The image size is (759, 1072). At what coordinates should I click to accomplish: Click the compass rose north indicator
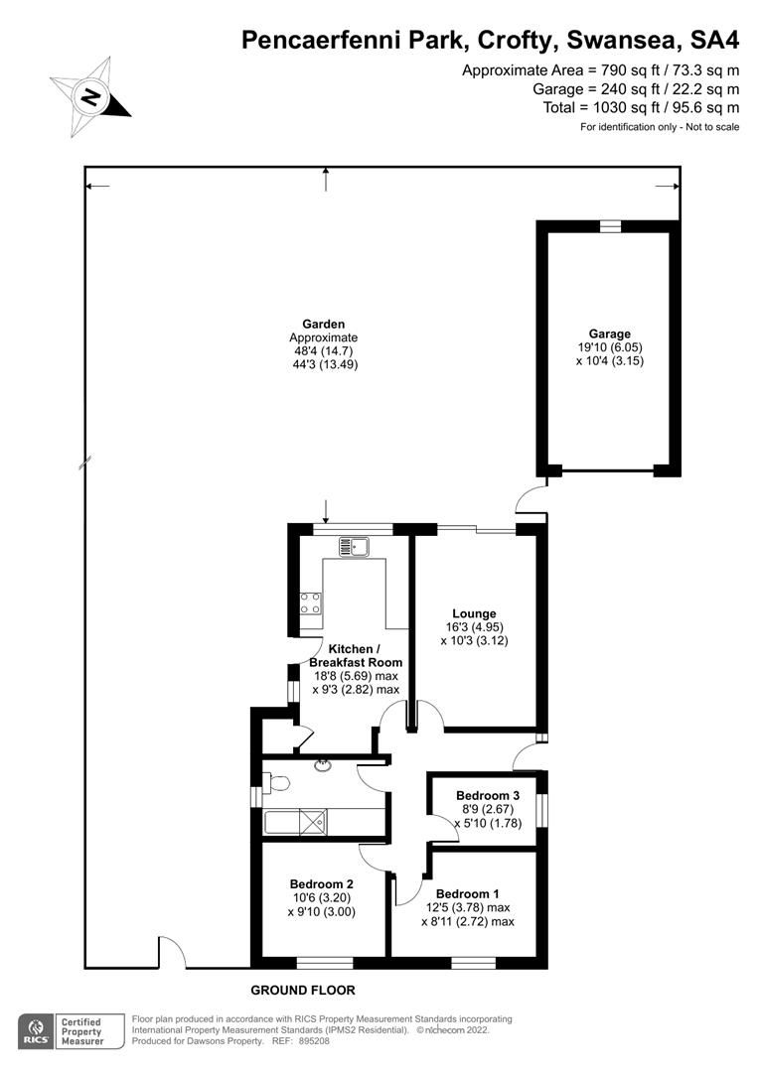click(91, 96)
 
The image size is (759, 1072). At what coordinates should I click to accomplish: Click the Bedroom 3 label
click(487, 795)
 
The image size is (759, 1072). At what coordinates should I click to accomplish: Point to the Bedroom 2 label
click(321, 883)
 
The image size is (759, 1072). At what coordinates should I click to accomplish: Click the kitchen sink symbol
click(353, 545)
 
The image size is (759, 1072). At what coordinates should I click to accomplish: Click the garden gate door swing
click(171, 952)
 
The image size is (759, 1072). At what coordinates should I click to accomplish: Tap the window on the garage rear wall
click(610, 226)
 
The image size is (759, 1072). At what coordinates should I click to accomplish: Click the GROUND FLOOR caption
click(302, 990)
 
